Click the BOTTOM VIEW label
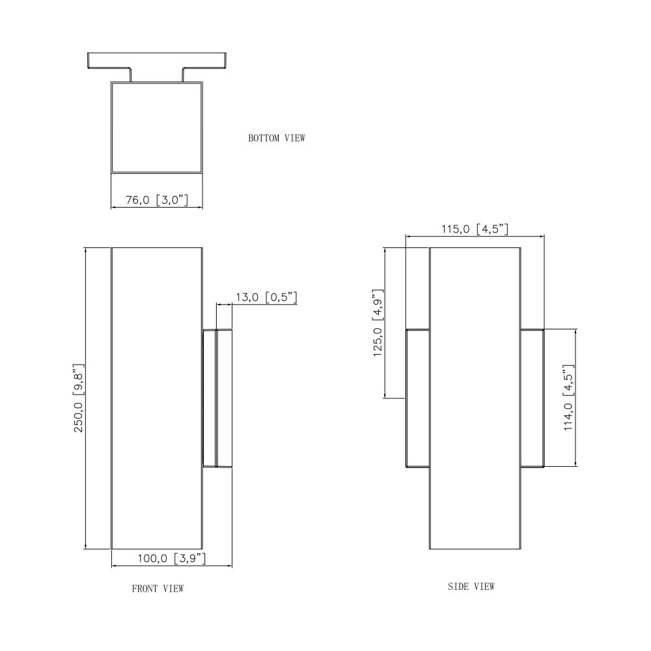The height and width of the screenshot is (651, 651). point(277,138)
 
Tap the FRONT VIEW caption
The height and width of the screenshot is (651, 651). point(158,589)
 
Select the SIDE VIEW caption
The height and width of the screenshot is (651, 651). point(471,587)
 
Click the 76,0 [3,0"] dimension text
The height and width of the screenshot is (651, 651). point(157,200)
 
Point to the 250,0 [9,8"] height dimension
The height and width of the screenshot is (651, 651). point(79,398)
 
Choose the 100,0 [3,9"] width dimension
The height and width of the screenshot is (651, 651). point(171,559)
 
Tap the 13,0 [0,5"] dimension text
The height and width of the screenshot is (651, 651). point(266,298)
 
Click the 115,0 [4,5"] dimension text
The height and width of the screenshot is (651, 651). point(475,229)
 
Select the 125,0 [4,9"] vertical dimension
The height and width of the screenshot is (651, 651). point(378,323)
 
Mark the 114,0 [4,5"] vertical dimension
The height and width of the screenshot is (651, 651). point(569,398)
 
